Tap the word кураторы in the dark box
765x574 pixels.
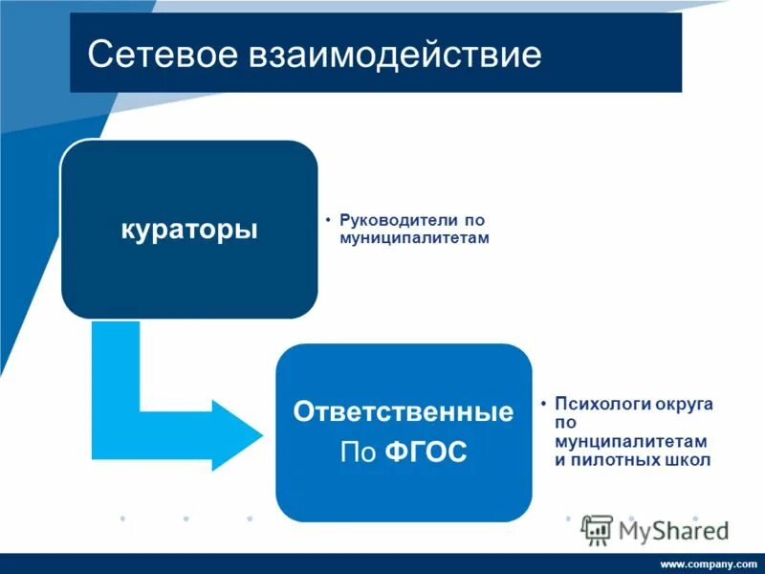tap(189, 230)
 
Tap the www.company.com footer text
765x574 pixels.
tap(708, 563)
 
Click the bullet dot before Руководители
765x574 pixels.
tap(328, 219)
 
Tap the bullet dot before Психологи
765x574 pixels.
tap(543, 404)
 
